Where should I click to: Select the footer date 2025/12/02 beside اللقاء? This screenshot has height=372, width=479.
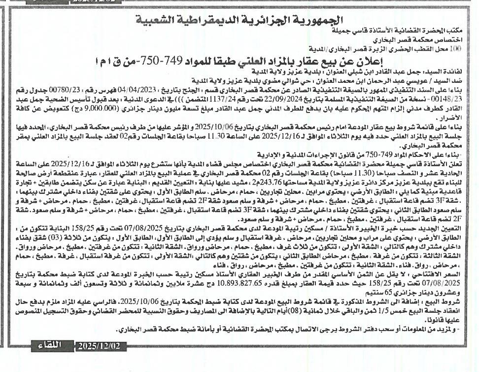pos(98,346)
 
